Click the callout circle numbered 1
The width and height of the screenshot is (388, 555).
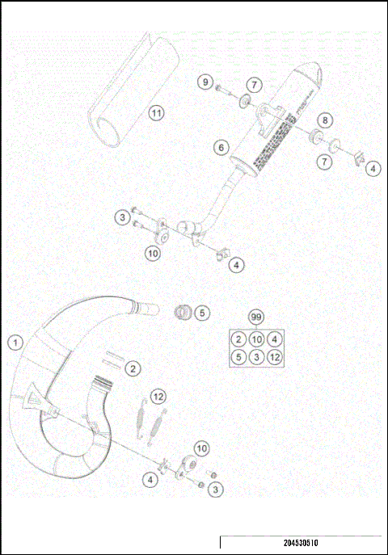14,342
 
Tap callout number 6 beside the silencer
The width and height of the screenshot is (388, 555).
220,147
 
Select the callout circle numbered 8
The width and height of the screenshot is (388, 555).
324,120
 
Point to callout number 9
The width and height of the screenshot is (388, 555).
205,83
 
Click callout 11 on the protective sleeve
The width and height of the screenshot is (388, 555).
156,112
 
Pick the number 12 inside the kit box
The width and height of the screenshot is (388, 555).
275,356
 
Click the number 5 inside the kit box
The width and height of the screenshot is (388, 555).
238,356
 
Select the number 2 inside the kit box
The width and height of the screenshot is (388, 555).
238,338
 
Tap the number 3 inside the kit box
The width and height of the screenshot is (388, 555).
257,356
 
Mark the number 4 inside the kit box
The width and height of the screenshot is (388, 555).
275,338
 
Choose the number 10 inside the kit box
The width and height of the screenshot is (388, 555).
257,338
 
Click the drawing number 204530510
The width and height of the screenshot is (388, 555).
300,544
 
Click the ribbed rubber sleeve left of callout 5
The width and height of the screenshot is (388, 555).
183,310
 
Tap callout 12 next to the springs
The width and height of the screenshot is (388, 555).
158,396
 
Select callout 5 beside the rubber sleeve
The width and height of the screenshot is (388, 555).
202,312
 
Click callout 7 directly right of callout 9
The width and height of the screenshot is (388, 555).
253,84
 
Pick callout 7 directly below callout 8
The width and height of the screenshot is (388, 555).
324,162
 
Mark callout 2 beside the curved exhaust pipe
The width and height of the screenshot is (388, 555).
133,368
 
